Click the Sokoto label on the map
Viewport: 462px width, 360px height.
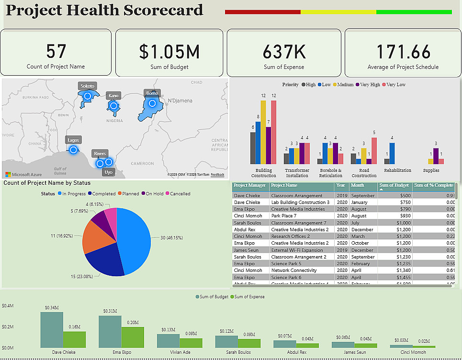pos(88,86)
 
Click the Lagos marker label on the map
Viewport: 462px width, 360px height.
pos(73,140)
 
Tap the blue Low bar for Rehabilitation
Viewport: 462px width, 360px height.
pos(392,154)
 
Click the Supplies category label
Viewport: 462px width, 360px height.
pos(431,170)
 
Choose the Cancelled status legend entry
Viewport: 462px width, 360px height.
pos(177,194)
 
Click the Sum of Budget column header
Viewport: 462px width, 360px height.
pos(394,185)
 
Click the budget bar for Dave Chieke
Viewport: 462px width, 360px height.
pos(51,330)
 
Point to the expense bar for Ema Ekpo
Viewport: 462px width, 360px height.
pos(133,337)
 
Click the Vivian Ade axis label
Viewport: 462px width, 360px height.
pos(180,352)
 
